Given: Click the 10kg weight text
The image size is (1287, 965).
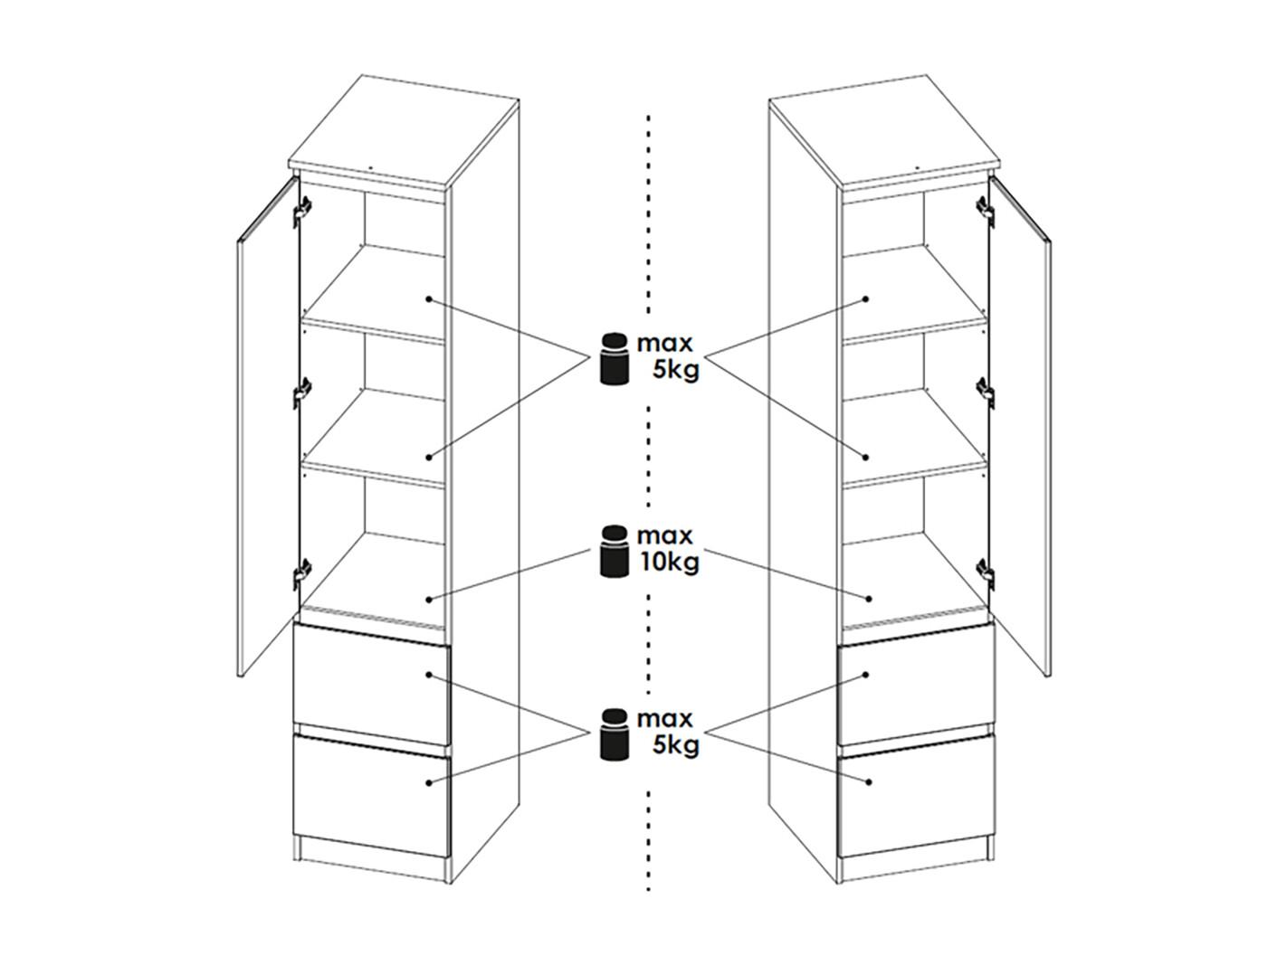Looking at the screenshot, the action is click(x=670, y=563).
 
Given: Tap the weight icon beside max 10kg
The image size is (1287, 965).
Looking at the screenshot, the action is click(x=614, y=551).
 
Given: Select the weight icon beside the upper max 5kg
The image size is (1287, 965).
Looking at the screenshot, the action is click(x=614, y=358).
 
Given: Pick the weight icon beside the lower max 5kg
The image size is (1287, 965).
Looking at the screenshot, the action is click(x=614, y=734).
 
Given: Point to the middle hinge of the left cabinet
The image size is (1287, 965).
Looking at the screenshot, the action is click(x=302, y=390).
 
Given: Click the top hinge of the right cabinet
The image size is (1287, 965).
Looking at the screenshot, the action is click(x=985, y=211).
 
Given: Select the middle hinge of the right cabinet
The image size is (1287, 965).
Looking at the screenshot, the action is click(x=985, y=391).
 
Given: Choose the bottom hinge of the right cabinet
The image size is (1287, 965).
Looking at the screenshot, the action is click(x=985, y=572).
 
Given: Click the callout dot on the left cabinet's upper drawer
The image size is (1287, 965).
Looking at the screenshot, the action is click(x=429, y=675).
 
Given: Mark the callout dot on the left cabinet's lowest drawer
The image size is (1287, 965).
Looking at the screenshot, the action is click(x=429, y=782).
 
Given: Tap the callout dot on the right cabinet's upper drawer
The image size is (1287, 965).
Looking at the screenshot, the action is click(x=865, y=675).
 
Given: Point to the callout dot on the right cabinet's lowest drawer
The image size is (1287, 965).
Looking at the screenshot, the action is click(x=869, y=782).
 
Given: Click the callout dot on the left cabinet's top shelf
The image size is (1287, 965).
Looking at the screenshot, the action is click(x=429, y=298).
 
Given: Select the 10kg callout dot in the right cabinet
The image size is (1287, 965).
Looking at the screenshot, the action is click(x=869, y=599).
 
